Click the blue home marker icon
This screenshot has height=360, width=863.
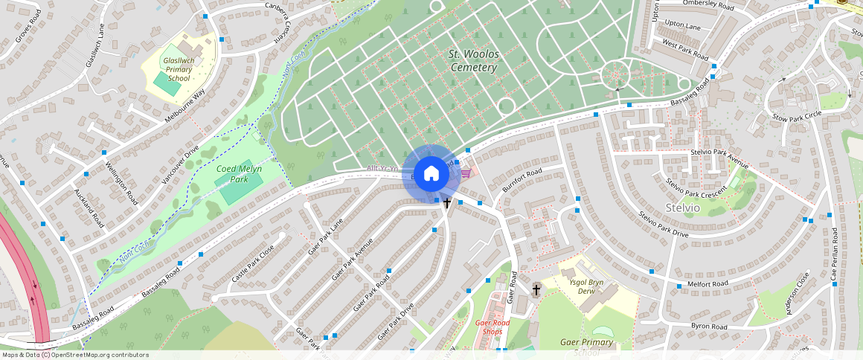(x=431, y=174)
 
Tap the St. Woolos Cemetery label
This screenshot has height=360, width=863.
(x=473, y=61)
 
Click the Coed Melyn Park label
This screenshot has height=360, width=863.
(x=239, y=174)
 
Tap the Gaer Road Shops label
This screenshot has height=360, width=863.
(x=493, y=327)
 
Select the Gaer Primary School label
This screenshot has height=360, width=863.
(x=587, y=347)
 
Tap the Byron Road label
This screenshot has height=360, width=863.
(x=708, y=326)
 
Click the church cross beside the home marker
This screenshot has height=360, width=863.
(x=448, y=202)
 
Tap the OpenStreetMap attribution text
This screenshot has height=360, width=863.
(x=74, y=355)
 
